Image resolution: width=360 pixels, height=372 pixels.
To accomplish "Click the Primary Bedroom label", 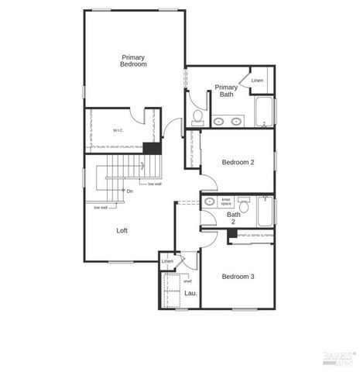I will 134,60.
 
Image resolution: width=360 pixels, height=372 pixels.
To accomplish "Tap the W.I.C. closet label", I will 119,130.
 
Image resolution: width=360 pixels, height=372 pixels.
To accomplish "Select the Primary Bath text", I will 226,91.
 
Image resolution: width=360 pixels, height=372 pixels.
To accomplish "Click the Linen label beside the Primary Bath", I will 257,81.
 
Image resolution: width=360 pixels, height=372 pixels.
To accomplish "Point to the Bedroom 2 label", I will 238,162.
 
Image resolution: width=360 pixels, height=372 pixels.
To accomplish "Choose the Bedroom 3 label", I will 238,277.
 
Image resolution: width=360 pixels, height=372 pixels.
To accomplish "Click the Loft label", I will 122,230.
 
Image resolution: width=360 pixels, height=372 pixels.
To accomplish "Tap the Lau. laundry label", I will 190,294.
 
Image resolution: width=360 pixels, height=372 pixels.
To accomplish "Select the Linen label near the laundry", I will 168,262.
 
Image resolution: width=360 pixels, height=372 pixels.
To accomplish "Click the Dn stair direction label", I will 130,191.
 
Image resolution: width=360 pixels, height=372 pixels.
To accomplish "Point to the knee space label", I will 227,202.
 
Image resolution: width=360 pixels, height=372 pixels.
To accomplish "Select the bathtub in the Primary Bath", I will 264,113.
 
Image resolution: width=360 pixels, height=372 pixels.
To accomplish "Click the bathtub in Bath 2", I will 264,212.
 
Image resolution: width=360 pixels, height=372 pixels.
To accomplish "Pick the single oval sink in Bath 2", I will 210,201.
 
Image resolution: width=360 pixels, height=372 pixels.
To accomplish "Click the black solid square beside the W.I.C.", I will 153,148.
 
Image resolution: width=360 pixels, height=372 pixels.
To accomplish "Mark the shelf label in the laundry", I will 187,281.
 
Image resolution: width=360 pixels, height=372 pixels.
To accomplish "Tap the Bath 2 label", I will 234,218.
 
